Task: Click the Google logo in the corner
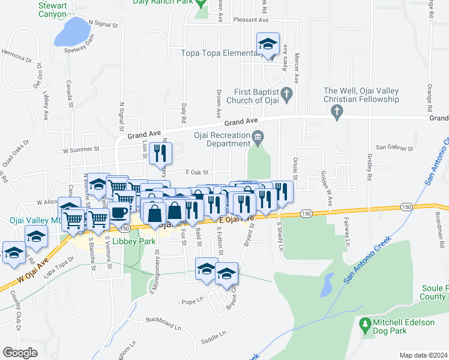pos(20,353)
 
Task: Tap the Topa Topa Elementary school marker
pos(268,44)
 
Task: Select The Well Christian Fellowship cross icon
pos(337,111)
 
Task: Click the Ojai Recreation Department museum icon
pos(258,137)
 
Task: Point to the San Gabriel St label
pos(395,147)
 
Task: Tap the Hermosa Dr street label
pos(16,59)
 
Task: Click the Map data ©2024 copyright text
pos(423,355)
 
